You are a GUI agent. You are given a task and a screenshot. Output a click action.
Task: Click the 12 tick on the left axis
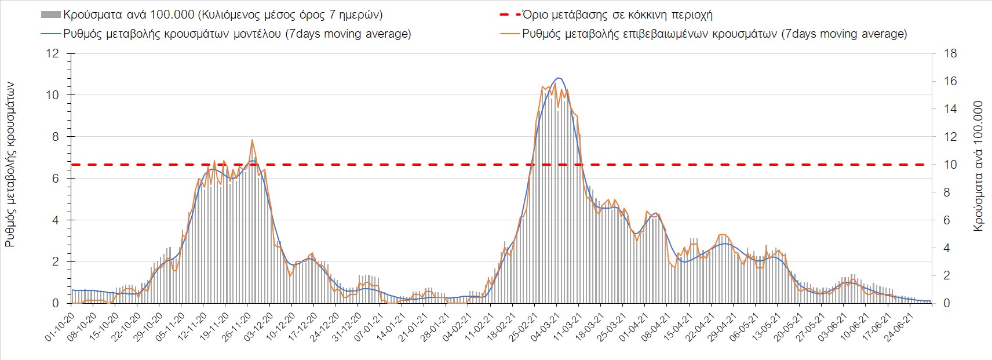[x=53, y=54]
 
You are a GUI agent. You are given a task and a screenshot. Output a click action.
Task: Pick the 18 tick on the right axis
[x=950, y=54]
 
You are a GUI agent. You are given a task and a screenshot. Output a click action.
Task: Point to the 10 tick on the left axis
[x=53, y=95]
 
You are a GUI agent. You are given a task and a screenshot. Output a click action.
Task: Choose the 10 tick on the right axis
[x=950, y=165]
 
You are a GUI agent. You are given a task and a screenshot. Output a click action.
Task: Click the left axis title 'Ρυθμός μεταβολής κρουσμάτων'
[x=10, y=165]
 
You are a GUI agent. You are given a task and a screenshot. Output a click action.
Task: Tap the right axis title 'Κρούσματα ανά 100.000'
[x=979, y=166]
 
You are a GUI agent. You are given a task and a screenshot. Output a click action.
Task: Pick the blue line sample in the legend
[x=50, y=34]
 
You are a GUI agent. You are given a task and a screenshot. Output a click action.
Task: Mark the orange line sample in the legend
[x=510, y=34]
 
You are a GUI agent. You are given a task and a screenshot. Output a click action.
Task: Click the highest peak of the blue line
[x=558, y=78]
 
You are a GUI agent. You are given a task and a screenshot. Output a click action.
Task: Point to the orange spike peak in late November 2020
[x=252, y=140]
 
